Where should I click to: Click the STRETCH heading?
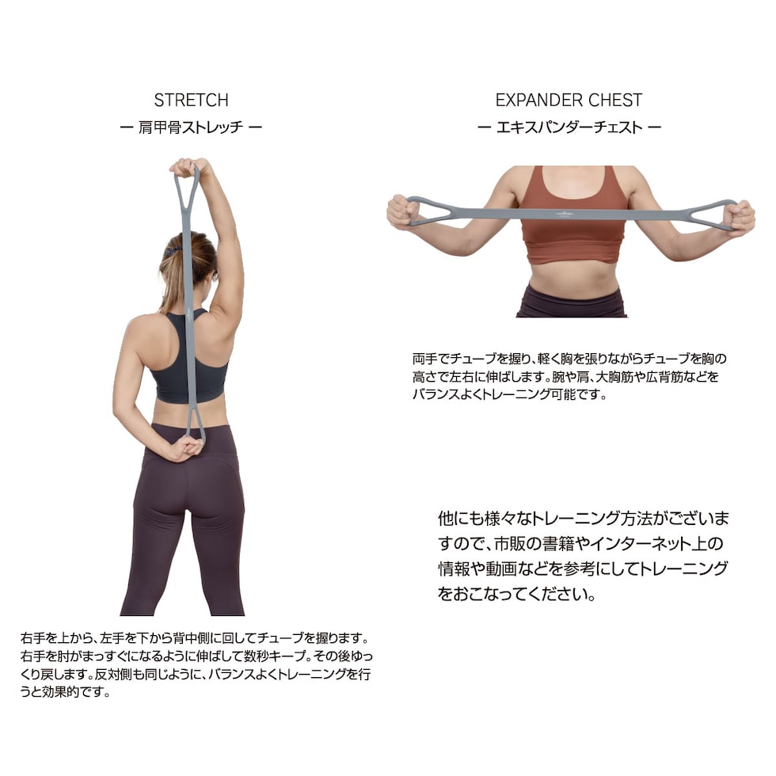coord(191,101)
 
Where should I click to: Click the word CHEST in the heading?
coord(617,101)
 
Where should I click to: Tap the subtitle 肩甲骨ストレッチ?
coord(191,127)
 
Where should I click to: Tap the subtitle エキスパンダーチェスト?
coord(569,127)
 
